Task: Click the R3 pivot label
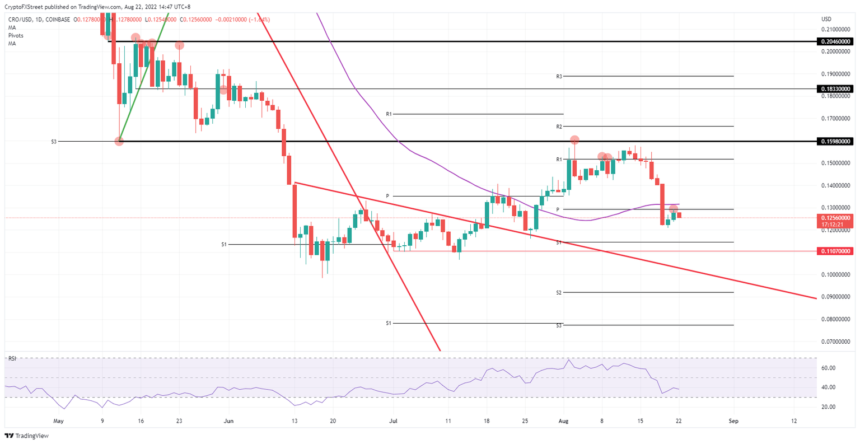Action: [x=559, y=76]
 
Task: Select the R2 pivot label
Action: [x=559, y=127]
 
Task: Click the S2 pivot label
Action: [x=559, y=293]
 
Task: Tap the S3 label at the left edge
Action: [x=54, y=142]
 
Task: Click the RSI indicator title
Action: [x=12, y=359]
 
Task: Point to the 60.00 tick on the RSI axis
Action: [x=829, y=368]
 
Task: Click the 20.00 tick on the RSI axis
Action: [x=829, y=407]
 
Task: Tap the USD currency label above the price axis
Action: [x=826, y=19]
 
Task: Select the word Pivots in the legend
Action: [x=16, y=35]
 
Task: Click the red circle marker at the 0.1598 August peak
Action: [x=574, y=139]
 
